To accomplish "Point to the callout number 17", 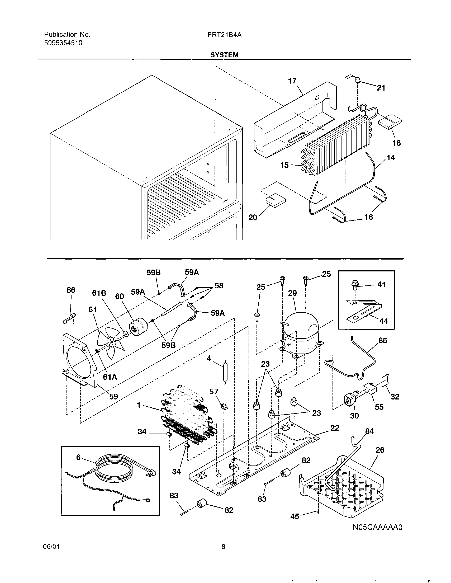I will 292,81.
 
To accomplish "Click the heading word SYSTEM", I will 224,55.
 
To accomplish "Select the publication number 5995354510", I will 63,43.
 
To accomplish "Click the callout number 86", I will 71,290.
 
